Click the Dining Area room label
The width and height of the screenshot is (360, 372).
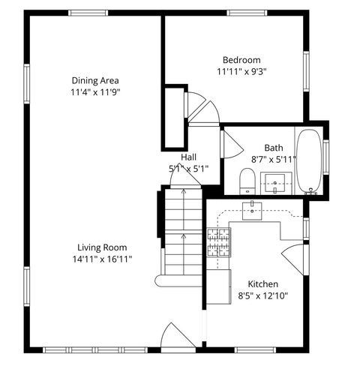pyautogui.click(x=95, y=80)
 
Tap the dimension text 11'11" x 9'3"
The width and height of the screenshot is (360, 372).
pyautogui.click(x=241, y=72)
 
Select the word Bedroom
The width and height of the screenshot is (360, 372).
pyautogui.click(x=241, y=60)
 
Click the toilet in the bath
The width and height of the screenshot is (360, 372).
pyautogui.click(x=246, y=181)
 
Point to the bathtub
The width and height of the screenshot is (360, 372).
pyautogui.click(x=308, y=160)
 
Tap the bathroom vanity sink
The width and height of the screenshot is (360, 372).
pyautogui.click(x=275, y=182)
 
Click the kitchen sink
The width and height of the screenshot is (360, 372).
pyautogui.click(x=253, y=211)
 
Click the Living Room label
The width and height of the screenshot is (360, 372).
pyautogui.click(x=102, y=247)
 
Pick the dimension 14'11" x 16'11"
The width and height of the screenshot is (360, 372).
pyautogui.click(x=102, y=259)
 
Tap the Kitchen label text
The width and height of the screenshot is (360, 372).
pyautogui.click(x=263, y=284)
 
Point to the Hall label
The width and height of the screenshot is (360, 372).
pyautogui.click(x=188, y=157)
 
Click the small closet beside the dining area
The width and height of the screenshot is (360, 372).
pyautogui.click(x=175, y=118)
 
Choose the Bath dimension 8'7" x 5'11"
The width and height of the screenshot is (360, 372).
pyautogui.click(x=274, y=159)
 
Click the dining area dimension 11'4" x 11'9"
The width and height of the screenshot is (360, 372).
pyautogui.click(x=95, y=92)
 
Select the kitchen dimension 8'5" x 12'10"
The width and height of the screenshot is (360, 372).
pyautogui.click(x=263, y=295)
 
